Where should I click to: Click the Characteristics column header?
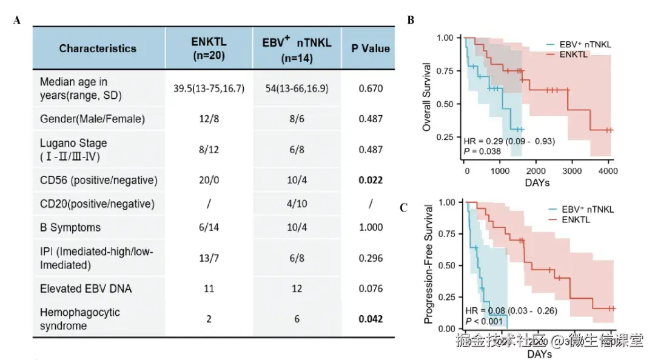pos(98,48)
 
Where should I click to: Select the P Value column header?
pos(371,48)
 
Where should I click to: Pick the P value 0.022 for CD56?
pos(371,181)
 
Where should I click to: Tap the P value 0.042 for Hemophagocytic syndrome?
pos(371,319)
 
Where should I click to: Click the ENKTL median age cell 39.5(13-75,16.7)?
pos(209,88)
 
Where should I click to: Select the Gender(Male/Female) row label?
pos(92,119)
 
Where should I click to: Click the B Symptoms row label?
pos(70,227)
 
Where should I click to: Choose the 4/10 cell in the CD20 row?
pos(297,204)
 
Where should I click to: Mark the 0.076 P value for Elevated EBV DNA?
pos(371,288)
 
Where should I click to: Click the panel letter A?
pos(17,21)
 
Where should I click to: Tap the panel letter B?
pos(411,21)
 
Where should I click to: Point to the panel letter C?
pos(403,208)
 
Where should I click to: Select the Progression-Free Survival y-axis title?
pos(428,264)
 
